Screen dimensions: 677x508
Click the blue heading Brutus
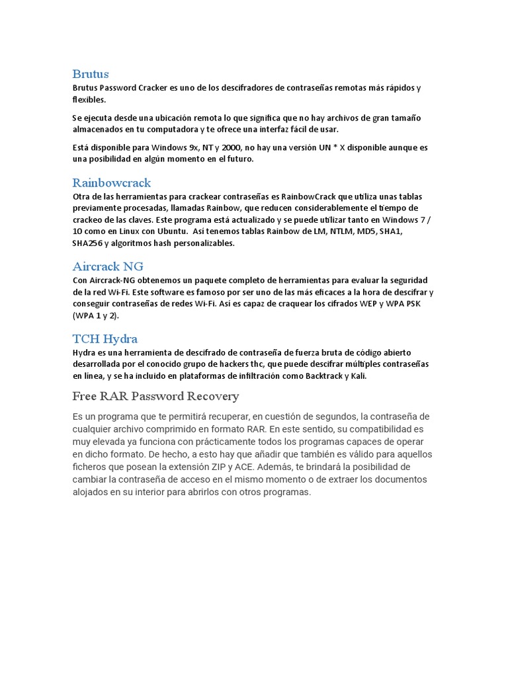(x=91, y=73)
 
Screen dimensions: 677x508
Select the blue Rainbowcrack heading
(x=111, y=182)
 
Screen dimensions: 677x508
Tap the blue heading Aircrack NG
(x=107, y=266)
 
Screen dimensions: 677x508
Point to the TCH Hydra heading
(x=105, y=338)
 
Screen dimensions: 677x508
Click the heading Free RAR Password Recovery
(x=155, y=396)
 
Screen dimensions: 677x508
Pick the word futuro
(x=239, y=159)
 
